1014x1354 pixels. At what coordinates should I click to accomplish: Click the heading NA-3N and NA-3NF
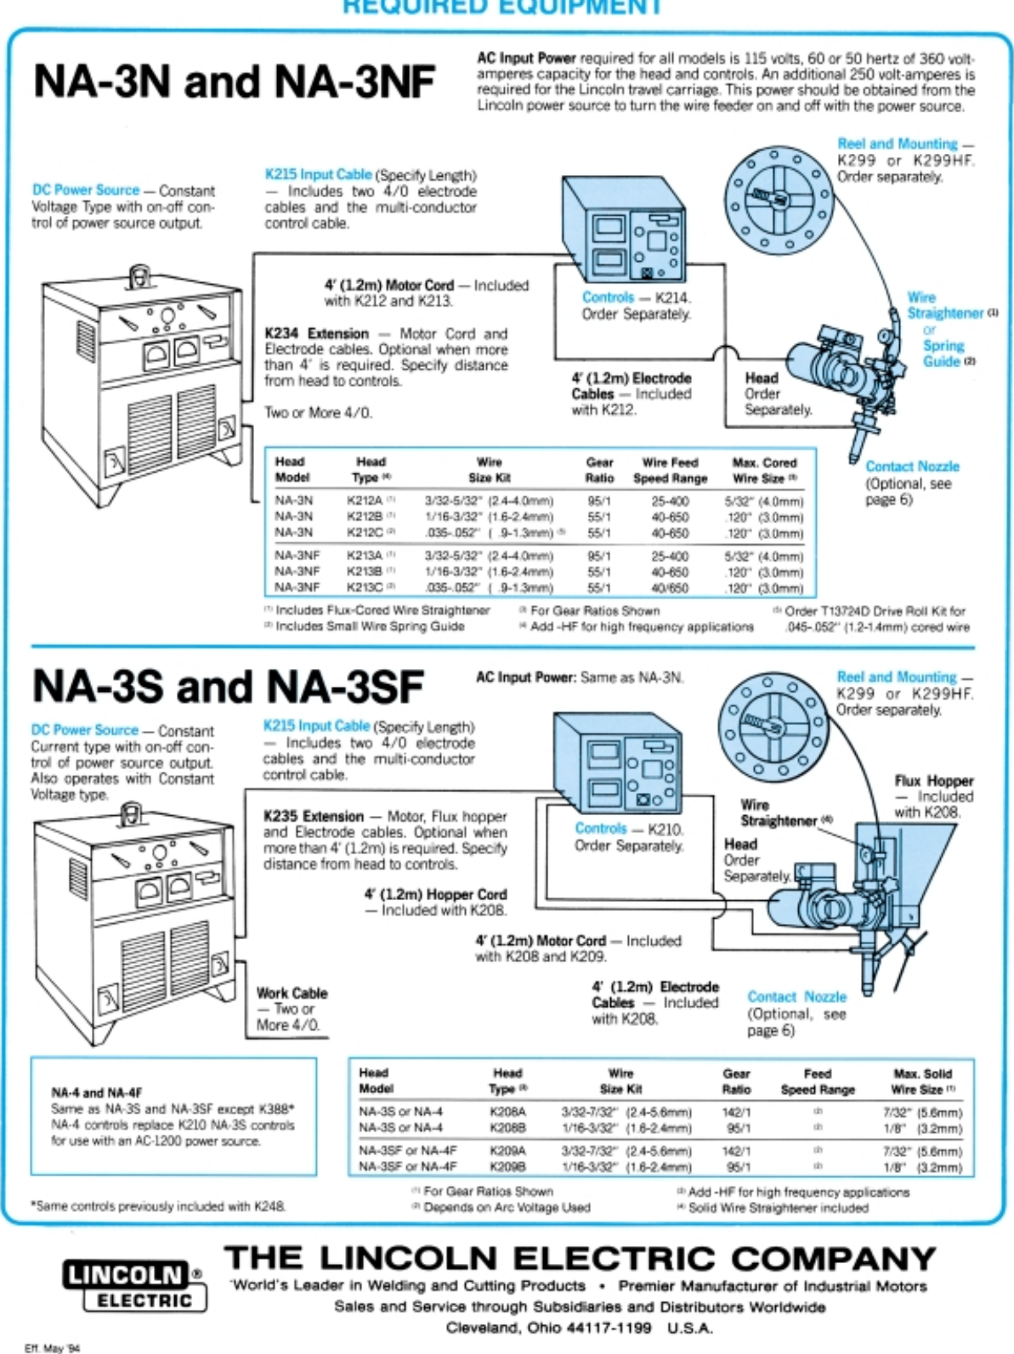[x=234, y=82]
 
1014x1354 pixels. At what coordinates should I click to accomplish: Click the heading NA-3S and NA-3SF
[x=228, y=687]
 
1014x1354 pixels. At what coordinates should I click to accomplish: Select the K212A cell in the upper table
[x=365, y=501]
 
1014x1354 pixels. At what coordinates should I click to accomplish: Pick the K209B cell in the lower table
[x=507, y=1167]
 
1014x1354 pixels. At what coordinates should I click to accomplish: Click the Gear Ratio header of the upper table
[x=599, y=470]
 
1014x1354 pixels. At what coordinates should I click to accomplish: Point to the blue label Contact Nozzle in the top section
[x=912, y=467]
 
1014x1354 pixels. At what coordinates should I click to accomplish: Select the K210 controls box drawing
[x=618, y=762]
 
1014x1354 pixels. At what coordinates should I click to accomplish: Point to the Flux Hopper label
[x=933, y=780]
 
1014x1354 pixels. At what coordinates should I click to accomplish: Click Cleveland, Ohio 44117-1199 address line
[x=548, y=1328]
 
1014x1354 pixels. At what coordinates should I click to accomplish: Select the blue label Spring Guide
[x=943, y=354]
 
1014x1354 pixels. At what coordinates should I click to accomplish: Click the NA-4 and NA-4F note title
[x=96, y=1092]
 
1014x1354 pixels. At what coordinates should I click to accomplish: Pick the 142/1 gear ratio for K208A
[x=736, y=1112]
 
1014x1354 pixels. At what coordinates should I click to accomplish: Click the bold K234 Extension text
[x=316, y=334]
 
